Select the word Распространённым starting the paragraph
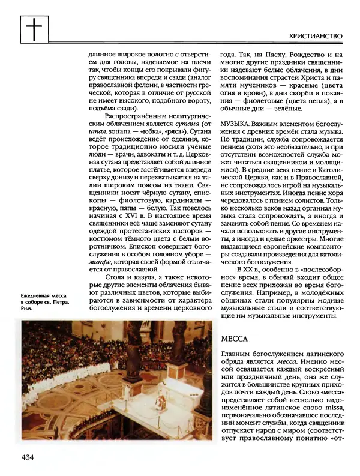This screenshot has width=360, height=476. [x=131, y=112]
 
